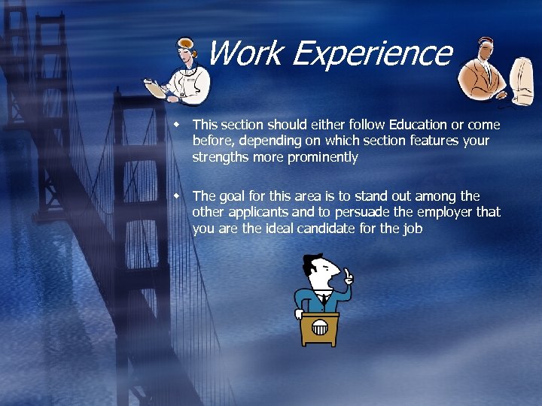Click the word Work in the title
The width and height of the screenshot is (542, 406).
(242, 53)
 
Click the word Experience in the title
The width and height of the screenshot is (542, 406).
(371, 53)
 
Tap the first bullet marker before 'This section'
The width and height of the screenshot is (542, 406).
(177, 123)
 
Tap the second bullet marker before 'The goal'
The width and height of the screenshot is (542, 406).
(177, 195)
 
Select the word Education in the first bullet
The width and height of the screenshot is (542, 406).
(418, 124)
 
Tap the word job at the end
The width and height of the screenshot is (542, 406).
(413, 229)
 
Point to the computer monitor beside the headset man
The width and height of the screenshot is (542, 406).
(522, 79)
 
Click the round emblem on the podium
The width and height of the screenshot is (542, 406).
(320, 328)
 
